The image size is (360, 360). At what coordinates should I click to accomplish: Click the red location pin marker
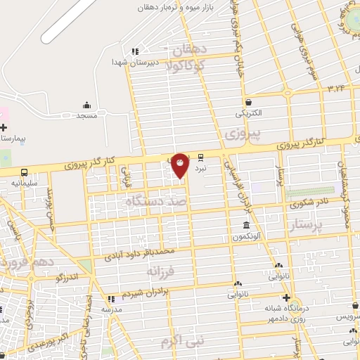coord(181,165)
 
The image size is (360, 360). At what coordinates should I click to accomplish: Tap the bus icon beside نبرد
coord(201,157)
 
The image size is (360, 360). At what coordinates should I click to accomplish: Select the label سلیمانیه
coord(24,182)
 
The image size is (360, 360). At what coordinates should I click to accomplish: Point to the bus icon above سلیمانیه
coord(25,172)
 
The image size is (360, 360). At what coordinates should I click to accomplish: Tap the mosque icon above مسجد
coord(86,104)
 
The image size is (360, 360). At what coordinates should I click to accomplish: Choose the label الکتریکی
coord(248,112)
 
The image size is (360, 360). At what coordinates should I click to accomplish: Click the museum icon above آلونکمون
coord(245,225)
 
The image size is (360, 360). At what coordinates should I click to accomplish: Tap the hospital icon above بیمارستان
coord(4,128)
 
